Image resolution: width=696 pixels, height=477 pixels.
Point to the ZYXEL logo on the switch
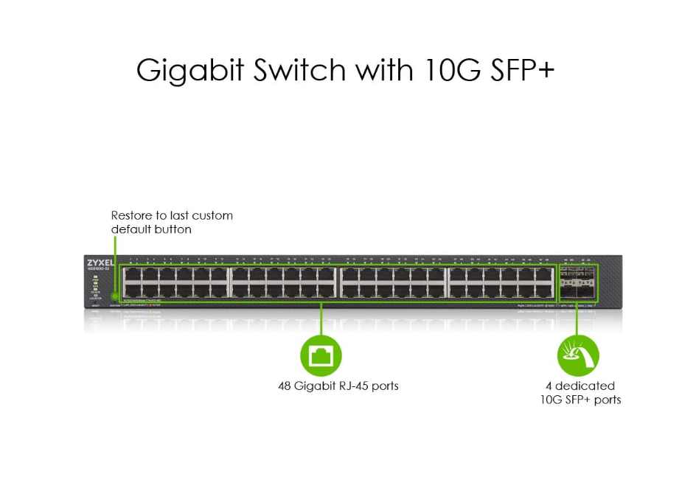(100, 263)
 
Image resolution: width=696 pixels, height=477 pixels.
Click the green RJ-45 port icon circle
(321, 356)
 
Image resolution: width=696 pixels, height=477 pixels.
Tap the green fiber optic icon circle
(578, 356)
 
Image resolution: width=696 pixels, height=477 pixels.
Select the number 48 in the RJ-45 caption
(285, 386)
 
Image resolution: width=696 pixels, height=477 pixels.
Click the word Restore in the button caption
(131, 215)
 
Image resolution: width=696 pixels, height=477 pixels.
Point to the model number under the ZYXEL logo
(98, 270)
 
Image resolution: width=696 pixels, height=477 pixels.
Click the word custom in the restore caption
(212, 215)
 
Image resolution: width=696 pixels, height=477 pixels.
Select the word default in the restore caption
(129, 229)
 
